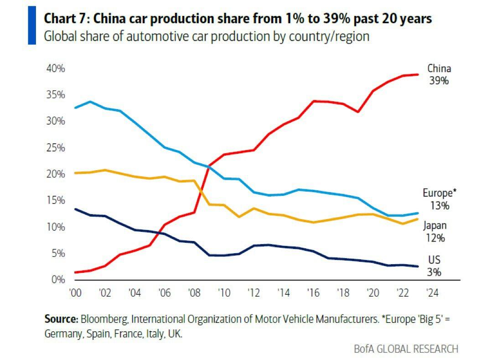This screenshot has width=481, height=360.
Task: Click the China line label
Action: pyautogui.click(x=439, y=69)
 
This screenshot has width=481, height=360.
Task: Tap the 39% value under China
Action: pyautogui.click(x=439, y=81)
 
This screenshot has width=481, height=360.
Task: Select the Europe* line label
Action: pyautogui.click(x=439, y=193)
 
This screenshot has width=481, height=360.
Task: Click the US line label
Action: pyautogui.click(x=434, y=260)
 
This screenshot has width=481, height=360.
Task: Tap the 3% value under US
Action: pyautogui.click(x=434, y=272)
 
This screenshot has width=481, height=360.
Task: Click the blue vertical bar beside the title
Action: pyautogui.click(x=32, y=26)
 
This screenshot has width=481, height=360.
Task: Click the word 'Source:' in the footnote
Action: pyautogui.click(x=61, y=319)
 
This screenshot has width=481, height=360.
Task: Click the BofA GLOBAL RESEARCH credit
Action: pyautogui.click(x=406, y=349)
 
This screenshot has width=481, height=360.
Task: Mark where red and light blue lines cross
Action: pyautogui.click(x=208, y=166)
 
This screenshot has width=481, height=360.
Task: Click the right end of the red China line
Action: pyautogui.click(x=418, y=74)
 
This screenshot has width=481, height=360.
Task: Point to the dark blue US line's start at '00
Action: pyautogui.click(x=75, y=209)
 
